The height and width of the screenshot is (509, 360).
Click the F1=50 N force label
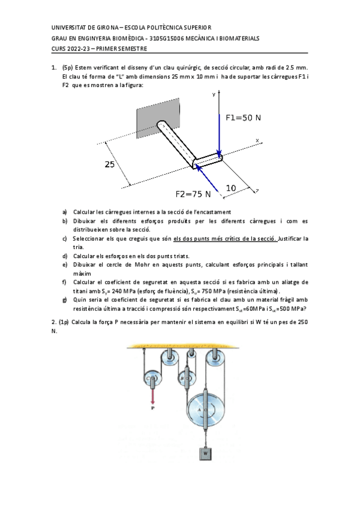coord(243,118)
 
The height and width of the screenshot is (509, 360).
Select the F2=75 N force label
coord(193,194)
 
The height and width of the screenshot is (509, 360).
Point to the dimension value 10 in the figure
coord(231,188)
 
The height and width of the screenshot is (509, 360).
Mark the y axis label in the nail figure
coord(214,95)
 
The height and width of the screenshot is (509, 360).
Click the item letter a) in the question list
coord(65,212)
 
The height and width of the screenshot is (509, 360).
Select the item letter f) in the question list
coord(65,282)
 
